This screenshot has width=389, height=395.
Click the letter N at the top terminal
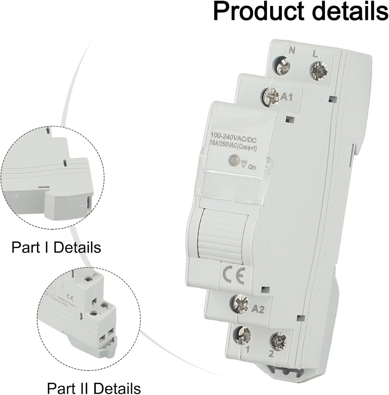[292, 50]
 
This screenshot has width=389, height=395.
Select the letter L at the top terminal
[315, 55]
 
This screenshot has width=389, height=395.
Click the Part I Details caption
[56, 248]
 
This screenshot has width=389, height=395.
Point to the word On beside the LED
[252, 167]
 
